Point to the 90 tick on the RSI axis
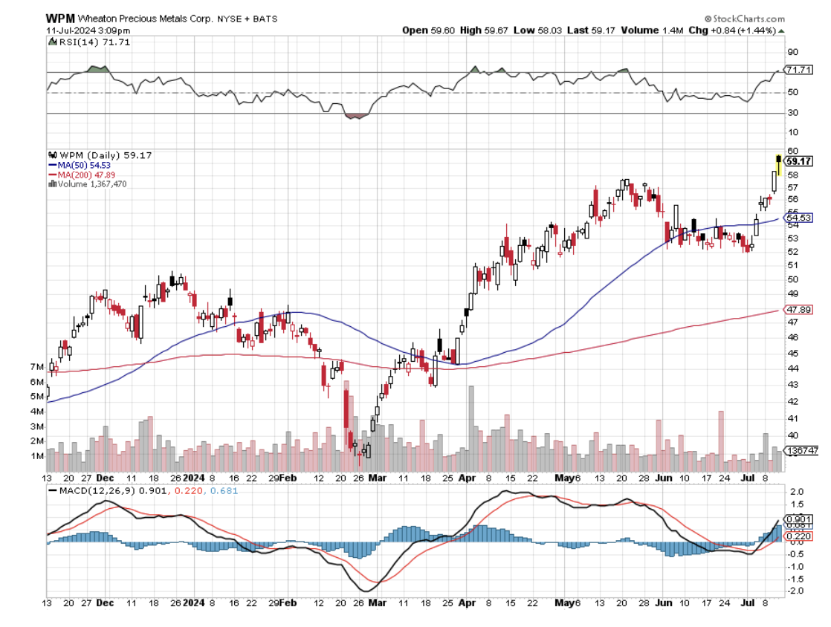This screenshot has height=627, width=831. pyautogui.click(x=793, y=52)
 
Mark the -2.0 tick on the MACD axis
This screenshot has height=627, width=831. pyautogui.click(x=795, y=591)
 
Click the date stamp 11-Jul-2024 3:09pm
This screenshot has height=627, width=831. pyautogui.click(x=77, y=30)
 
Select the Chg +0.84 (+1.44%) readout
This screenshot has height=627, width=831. pyautogui.click(x=740, y=30)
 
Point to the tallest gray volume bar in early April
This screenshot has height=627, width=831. pyautogui.click(x=471, y=429)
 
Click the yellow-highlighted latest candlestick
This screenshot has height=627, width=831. pyautogui.click(x=778, y=164)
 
